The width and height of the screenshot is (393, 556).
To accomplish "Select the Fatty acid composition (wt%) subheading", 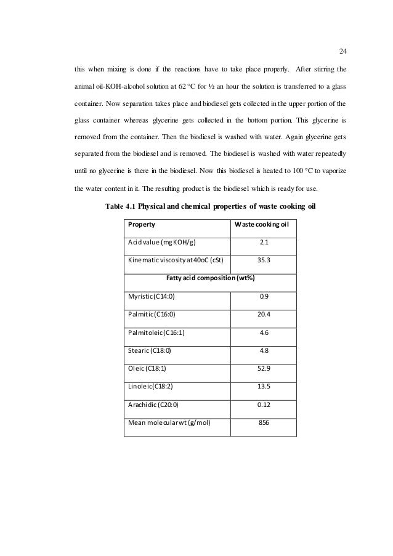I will pos(211,278).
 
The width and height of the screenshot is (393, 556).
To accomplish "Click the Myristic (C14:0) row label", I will pos(152,297).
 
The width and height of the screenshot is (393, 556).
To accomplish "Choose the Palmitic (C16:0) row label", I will pos(152,315).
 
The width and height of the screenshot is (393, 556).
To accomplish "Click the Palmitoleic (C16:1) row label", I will pos(156,333).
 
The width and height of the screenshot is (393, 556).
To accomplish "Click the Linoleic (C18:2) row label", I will pos(151,387).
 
